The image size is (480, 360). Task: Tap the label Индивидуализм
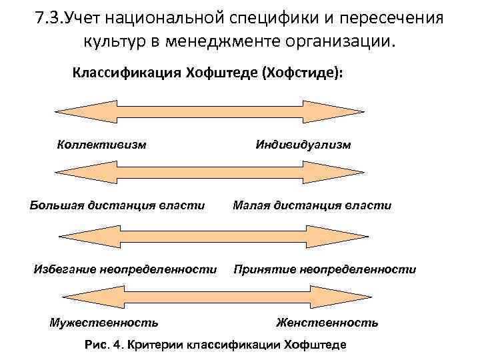tap(303, 144)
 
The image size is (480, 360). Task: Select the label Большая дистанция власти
tap(117, 205)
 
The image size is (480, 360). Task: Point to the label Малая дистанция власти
tap(312, 205)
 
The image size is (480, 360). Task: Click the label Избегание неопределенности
tap(125, 269)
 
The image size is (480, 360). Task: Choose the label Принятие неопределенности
tap(325, 269)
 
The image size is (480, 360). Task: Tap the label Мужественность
tap(104, 323)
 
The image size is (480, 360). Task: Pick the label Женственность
tap(327, 323)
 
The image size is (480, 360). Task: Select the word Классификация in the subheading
tap(119, 72)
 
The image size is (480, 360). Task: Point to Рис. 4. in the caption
tap(105, 345)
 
